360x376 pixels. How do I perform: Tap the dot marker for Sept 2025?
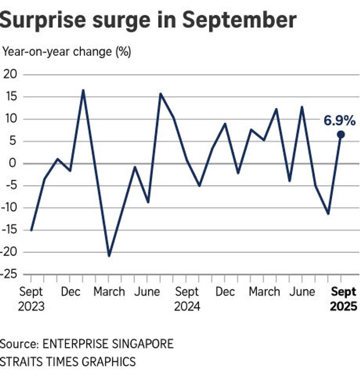(x=341, y=135)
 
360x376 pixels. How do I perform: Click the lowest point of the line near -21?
(x=109, y=256)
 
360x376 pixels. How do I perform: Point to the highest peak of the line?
(x=83, y=90)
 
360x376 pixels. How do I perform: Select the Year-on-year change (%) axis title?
(x=67, y=52)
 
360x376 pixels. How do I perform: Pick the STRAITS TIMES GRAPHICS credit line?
(x=68, y=362)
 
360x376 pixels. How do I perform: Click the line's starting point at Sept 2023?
(x=31, y=230)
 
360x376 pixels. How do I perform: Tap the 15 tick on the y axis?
(x=10, y=97)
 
